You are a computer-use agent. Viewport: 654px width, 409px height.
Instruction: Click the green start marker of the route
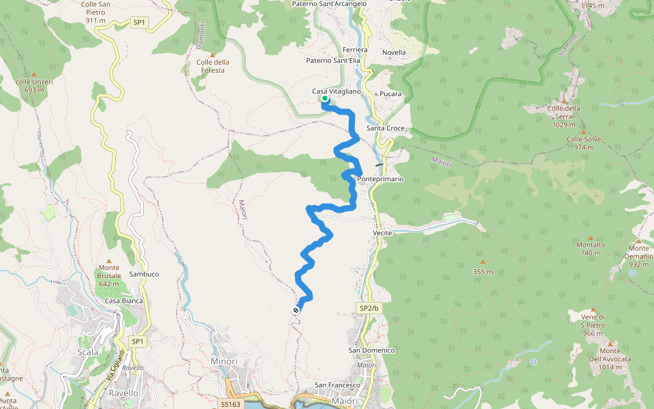pyautogui.click(x=325, y=100)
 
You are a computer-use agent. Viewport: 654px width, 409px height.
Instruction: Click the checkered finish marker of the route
pyautogui.click(x=296, y=310)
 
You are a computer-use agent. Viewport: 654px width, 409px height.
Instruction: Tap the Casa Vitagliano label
pyautogui.click(x=336, y=91)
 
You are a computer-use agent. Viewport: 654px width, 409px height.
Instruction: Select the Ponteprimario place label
pyautogui.click(x=380, y=179)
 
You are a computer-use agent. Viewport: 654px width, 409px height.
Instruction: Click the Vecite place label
pyautogui.click(x=382, y=232)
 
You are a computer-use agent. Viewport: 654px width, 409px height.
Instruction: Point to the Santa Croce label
pyautogui.click(x=386, y=128)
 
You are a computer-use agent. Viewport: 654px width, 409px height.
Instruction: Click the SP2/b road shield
pyautogui.click(x=368, y=308)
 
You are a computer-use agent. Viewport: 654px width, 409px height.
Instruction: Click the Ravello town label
pyautogui.click(x=124, y=393)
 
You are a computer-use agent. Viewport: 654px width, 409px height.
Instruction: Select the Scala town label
pyautogui.click(x=89, y=352)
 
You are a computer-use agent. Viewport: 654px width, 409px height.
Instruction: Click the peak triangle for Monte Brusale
pyautogui.click(x=109, y=258)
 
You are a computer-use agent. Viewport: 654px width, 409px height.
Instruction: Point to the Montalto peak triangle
pyautogui.click(x=591, y=235)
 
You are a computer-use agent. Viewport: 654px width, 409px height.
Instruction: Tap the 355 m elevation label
pyautogui.click(x=482, y=272)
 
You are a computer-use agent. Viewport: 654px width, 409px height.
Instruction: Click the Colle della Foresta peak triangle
pyautogui.click(x=213, y=55)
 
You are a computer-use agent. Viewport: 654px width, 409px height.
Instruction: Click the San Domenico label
pyautogui.click(x=372, y=350)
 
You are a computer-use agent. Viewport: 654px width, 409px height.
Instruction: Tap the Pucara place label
pyautogui.click(x=390, y=93)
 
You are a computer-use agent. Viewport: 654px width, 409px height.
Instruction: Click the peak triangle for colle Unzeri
pyautogui.click(x=34, y=74)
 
